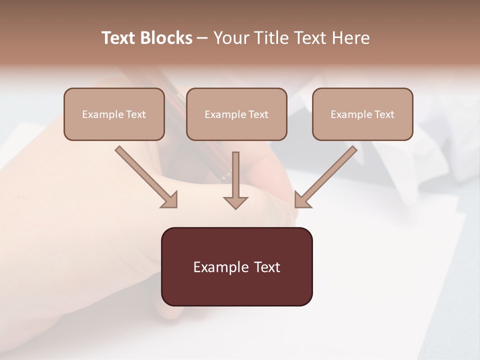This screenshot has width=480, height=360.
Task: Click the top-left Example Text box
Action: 114,114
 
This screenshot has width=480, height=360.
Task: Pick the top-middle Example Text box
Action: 236,114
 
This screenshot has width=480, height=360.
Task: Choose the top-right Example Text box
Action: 362,114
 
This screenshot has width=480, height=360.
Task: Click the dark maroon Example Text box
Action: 236,266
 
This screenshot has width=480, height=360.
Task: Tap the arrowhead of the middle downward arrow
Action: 235,202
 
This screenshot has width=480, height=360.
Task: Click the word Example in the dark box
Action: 220,267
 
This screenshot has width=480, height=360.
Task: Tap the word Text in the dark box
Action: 267,267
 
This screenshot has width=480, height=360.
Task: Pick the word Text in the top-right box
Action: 384,114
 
